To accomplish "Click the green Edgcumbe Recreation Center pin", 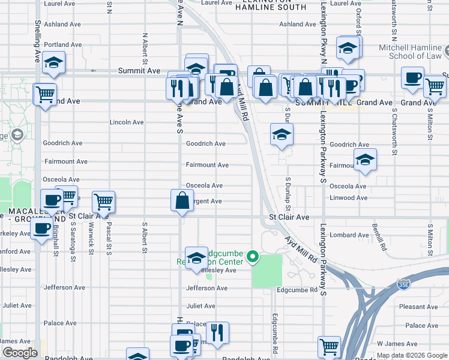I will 253,258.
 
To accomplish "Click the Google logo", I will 20,353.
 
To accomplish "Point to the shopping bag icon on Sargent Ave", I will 182,201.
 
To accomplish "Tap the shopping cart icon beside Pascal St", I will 104,202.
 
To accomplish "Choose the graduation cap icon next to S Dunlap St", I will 281,134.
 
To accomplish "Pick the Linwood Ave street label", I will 348,197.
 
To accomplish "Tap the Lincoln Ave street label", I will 127,122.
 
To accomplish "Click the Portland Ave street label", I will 62,44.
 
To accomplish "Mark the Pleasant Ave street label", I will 418,307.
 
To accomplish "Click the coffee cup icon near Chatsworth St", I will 412,78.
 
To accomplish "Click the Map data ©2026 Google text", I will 411,355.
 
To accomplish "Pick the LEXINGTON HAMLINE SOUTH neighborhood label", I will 262,5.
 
